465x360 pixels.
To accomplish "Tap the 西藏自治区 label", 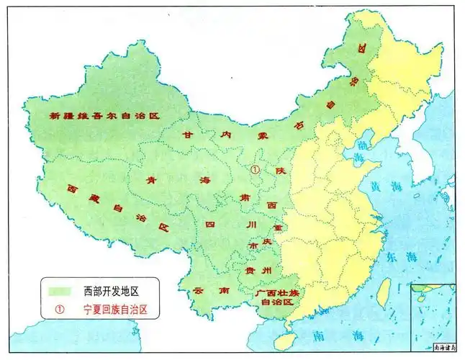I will pos(117,207).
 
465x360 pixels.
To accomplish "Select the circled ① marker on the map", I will pos(254,169).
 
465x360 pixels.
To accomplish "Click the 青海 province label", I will pos(176,181).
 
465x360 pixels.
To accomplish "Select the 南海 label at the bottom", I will pos(343,336).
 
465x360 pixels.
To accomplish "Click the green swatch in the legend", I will pos(61,291).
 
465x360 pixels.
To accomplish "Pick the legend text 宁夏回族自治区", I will pos(120,310).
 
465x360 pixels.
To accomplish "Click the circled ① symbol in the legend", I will pos(60,310).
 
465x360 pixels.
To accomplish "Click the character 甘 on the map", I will pos(188,134).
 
